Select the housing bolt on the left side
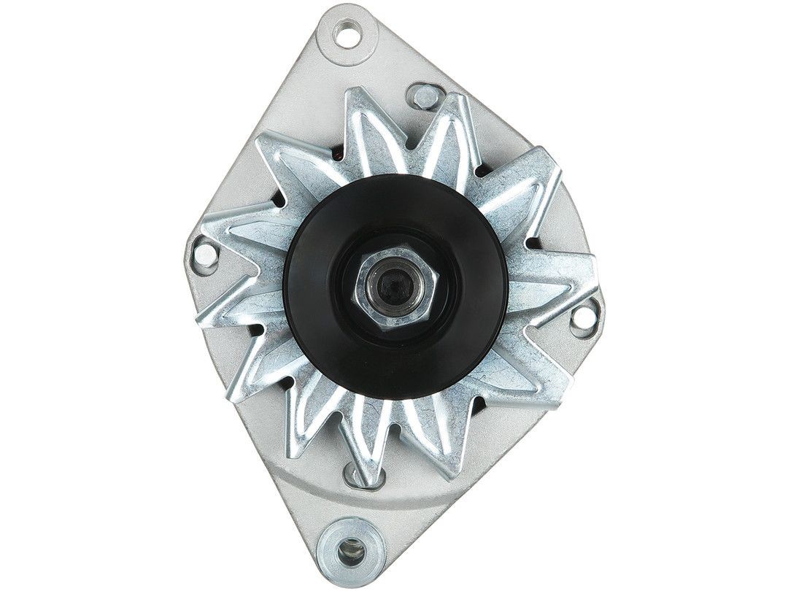[x=206, y=255]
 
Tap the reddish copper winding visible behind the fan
[x=337, y=155]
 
